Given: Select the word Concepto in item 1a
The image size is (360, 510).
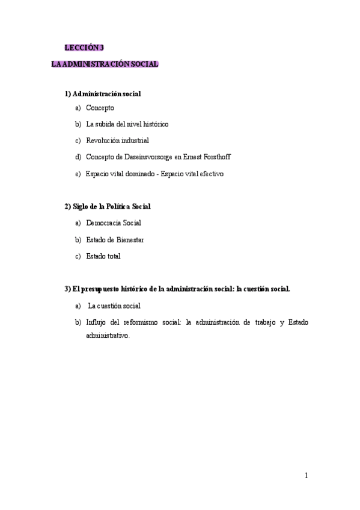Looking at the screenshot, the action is pyautogui.click(x=100, y=108).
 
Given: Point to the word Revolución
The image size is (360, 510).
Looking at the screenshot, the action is pyautogui.click(x=103, y=141).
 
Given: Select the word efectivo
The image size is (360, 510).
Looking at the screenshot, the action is pyautogui.click(x=210, y=174).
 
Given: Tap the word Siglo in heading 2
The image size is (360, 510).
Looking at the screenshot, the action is pyautogui.click(x=81, y=206).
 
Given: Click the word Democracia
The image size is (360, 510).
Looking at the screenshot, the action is pyautogui.click(x=104, y=223).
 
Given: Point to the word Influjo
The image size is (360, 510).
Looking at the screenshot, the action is pyautogui.click(x=97, y=322).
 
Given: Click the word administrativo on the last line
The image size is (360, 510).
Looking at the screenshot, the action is pyautogui.click(x=108, y=336).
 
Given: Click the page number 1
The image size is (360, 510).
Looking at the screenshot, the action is pyautogui.click(x=307, y=476).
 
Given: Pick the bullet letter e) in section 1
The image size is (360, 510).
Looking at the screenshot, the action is pyautogui.click(x=78, y=174).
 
